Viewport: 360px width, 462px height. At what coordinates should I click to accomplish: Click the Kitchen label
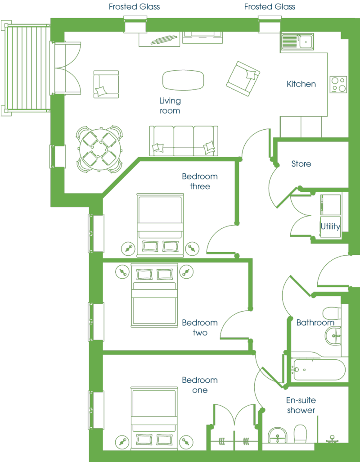point(301,84)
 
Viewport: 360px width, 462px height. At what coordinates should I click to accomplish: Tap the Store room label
point(301,163)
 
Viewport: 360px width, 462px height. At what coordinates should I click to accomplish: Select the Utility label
point(330,226)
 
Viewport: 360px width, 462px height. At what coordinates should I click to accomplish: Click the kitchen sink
point(297,41)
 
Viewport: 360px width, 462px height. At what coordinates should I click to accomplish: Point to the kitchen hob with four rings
point(338,85)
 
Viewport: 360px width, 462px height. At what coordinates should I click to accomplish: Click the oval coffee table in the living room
point(183,80)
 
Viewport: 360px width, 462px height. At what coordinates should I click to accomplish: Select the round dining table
point(100,149)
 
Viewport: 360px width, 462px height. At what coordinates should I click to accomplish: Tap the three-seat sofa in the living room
point(184,141)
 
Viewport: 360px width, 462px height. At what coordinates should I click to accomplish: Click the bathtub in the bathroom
point(319,370)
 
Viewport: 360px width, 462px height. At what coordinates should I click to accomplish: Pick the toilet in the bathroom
point(332,313)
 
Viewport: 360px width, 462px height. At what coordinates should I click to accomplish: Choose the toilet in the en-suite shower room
point(300,434)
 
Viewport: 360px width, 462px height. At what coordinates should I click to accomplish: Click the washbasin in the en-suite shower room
point(277,435)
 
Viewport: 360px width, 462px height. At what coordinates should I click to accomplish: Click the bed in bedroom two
point(155,295)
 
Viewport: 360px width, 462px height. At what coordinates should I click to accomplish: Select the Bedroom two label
point(200,328)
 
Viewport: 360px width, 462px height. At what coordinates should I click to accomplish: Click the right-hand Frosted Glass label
point(270,7)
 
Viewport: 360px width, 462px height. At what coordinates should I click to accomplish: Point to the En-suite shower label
point(301,405)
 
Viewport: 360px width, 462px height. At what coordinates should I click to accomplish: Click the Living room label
point(170,105)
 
